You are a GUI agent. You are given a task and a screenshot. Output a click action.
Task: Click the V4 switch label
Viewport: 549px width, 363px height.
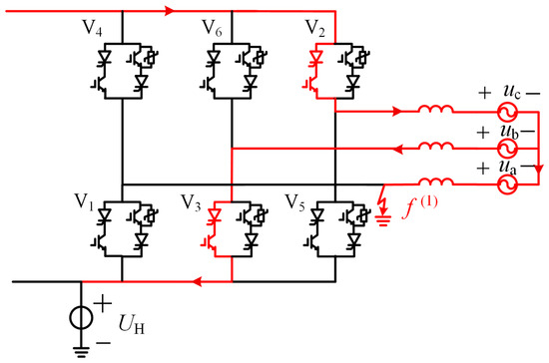tap(92, 28)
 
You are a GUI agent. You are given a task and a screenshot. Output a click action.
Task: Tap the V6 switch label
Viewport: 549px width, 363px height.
tap(212, 28)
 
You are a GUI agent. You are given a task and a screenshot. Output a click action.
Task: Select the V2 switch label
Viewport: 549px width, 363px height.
tap(315, 28)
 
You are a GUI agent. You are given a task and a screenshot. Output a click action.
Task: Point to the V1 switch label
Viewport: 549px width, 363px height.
tap(84, 202)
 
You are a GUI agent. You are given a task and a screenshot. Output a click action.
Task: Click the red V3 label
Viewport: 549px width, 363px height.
tap(191, 202)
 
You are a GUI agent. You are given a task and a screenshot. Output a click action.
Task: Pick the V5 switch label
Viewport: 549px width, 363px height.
tap(294, 202)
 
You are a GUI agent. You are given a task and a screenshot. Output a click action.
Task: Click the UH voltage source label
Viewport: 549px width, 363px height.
tap(132, 324)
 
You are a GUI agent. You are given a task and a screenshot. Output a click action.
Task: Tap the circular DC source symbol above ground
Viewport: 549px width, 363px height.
tap(81, 318)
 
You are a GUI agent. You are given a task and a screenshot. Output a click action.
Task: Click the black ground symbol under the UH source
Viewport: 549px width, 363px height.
tap(81, 351)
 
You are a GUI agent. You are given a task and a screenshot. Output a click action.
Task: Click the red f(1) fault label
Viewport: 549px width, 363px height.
tap(420, 207)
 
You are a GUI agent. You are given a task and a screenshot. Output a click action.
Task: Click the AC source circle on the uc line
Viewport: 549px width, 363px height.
tap(507, 112)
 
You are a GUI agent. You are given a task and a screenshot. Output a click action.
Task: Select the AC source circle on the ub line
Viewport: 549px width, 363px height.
tap(507, 149)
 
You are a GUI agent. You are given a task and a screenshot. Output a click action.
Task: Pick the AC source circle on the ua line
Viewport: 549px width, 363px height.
tap(507, 184)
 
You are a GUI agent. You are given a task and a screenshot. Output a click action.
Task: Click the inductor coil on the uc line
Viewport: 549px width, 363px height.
tap(435, 109)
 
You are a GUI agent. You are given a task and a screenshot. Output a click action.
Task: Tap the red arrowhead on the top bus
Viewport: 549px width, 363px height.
tap(170, 11)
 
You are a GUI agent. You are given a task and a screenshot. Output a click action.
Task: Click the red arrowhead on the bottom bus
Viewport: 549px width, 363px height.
tap(197, 281)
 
